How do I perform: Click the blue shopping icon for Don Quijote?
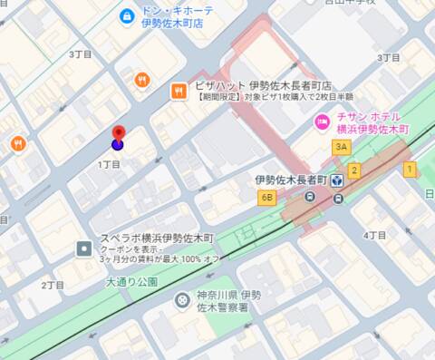click(128, 15)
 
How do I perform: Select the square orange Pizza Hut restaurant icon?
click(179, 89)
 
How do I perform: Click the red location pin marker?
click(118, 138)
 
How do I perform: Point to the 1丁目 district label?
click(109, 164)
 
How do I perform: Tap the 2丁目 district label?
click(53, 285)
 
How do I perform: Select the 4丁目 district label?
click(375, 235)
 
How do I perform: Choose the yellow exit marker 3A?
click(341, 147)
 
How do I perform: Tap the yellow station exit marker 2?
click(354, 170)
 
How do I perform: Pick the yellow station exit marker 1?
click(410, 169)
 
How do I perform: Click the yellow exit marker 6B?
click(266, 197)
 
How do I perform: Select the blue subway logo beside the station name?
click(337, 180)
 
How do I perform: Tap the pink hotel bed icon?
click(321, 122)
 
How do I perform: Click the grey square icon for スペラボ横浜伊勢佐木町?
click(83, 248)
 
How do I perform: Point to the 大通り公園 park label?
click(131, 282)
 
